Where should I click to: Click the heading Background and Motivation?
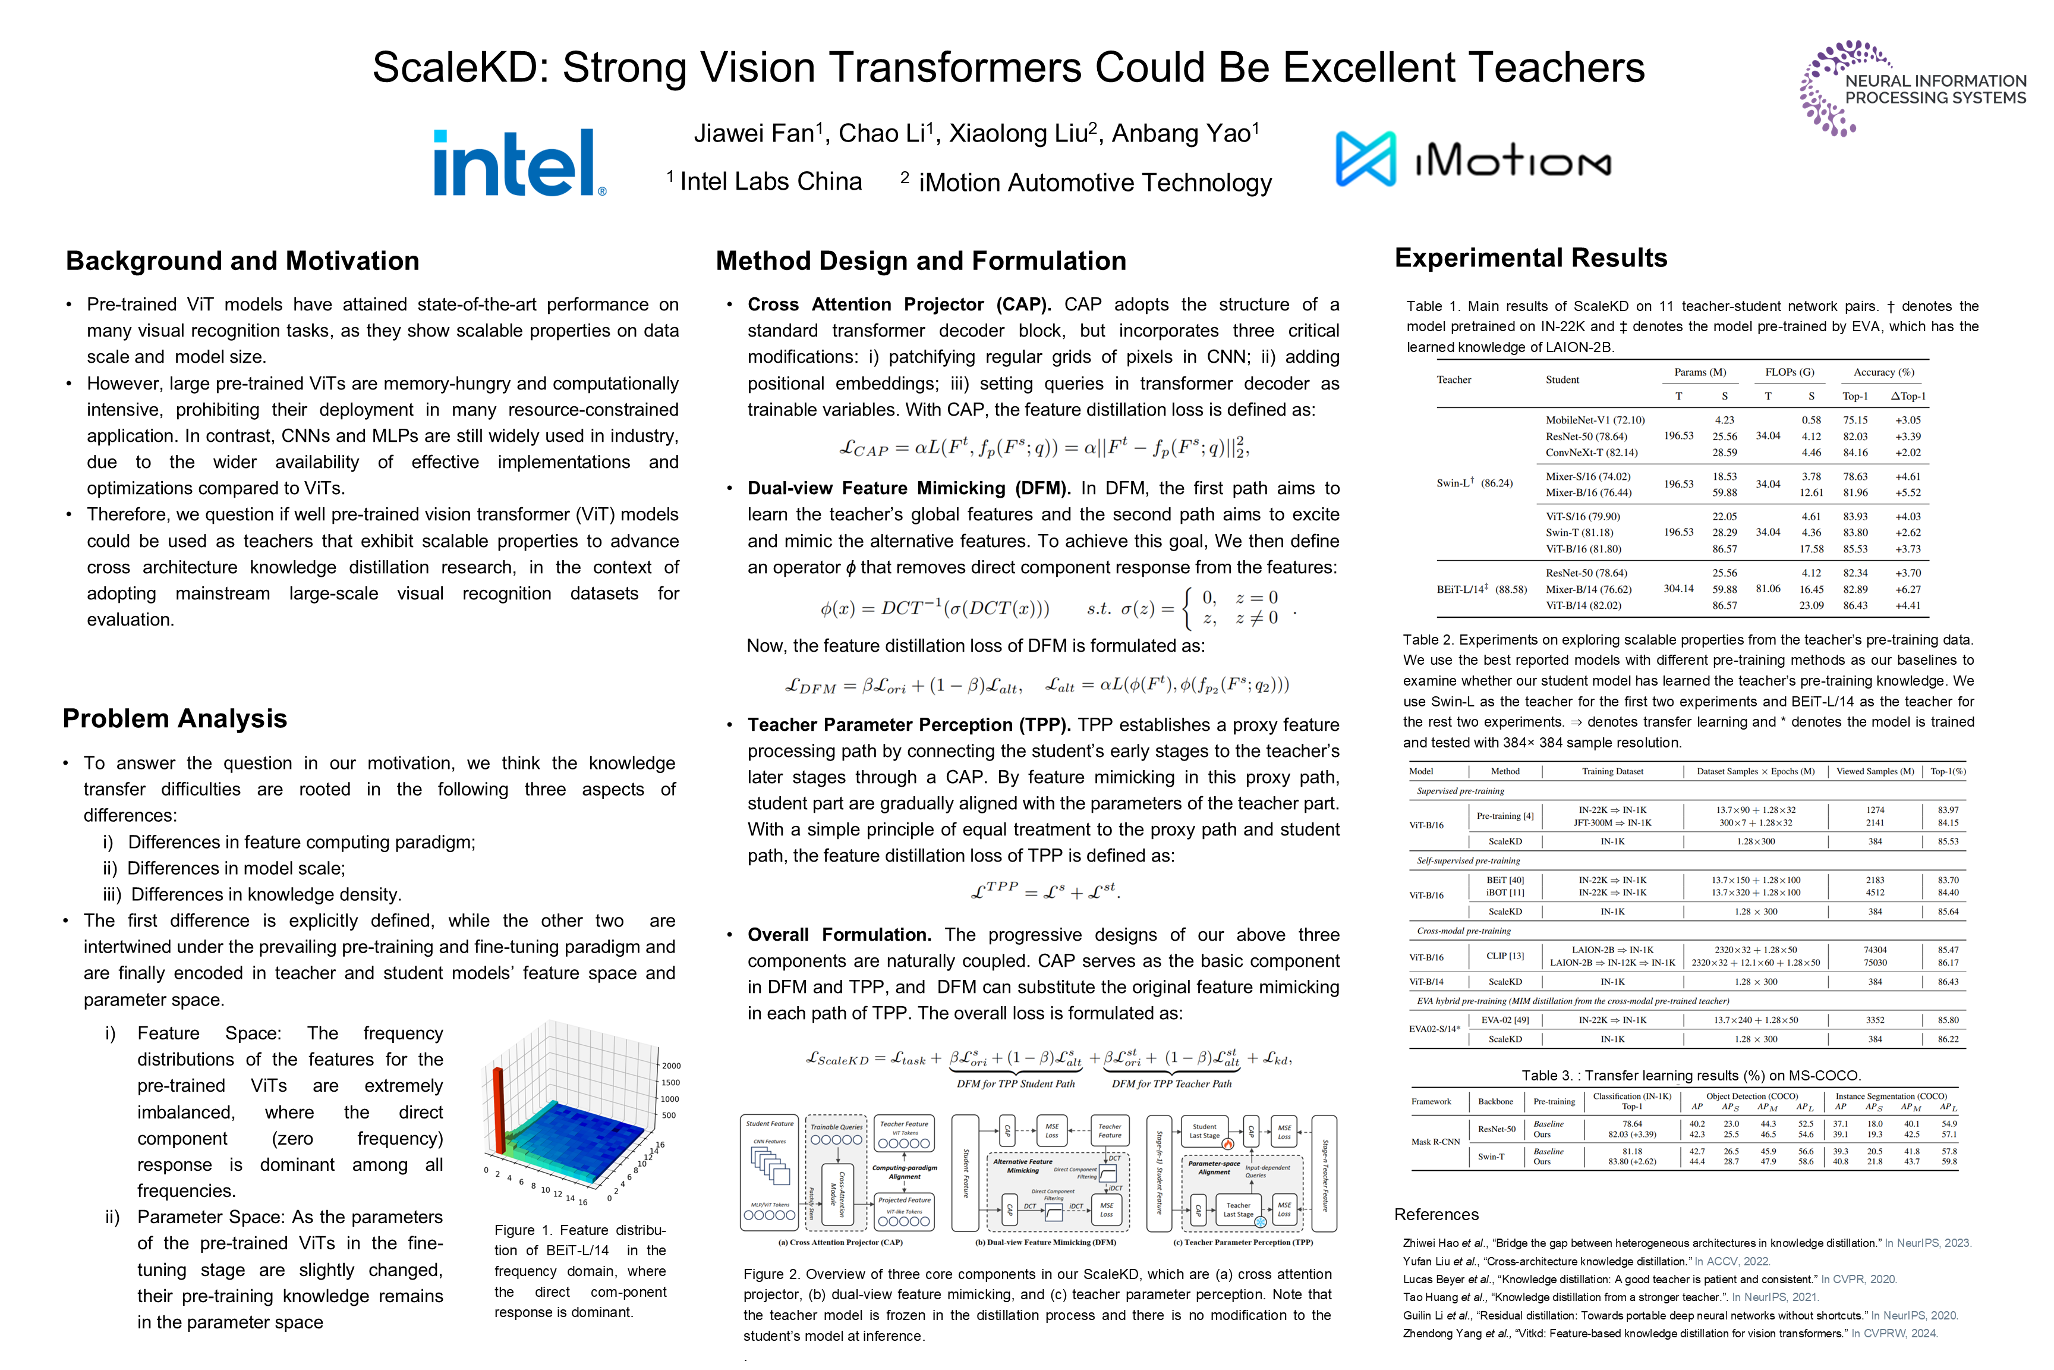pyautogui.click(x=242, y=260)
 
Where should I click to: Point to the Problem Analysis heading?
pyautogui.click(x=175, y=718)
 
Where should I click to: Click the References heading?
pyautogui.click(x=1436, y=1214)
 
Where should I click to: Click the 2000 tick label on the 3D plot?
pyautogui.click(x=670, y=1066)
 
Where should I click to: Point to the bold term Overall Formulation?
pyautogui.click(x=839, y=935)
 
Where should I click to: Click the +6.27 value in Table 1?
pyautogui.click(x=1907, y=589)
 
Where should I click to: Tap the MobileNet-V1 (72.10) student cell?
pyautogui.click(x=1595, y=420)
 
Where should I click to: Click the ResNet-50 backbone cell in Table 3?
pyautogui.click(x=1495, y=1129)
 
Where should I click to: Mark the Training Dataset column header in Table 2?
pyautogui.click(x=1612, y=771)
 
